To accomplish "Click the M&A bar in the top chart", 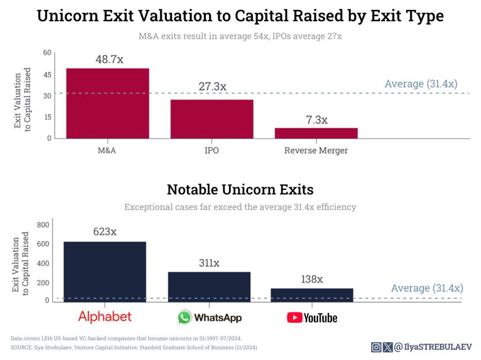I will pyautogui.click(x=108, y=103).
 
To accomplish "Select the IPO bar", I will pyautogui.click(x=212, y=119).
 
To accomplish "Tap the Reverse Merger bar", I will pyautogui.click(x=316, y=133).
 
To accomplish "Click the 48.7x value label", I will pyautogui.click(x=109, y=60).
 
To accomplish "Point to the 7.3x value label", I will pyautogui.click(x=316, y=120).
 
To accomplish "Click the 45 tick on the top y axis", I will pyautogui.click(x=47, y=74).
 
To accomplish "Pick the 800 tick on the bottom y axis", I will pyautogui.click(x=43, y=225).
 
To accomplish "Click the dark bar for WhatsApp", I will pyautogui.click(x=209, y=286).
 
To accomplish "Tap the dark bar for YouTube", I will pyautogui.click(x=312, y=294).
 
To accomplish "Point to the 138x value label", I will pyautogui.click(x=312, y=279).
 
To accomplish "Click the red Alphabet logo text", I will pyautogui.click(x=105, y=316).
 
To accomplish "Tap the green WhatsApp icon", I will pyautogui.click(x=185, y=318).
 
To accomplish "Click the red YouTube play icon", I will pyautogui.click(x=295, y=318).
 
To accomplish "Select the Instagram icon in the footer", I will pyautogui.click(x=376, y=347).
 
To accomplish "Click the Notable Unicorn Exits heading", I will pyautogui.click(x=240, y=190).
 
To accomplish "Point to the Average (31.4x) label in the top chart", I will pyautogui.click(x=420, y=84).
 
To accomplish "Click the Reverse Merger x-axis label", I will pyautogui.click(x=316, y=151).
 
